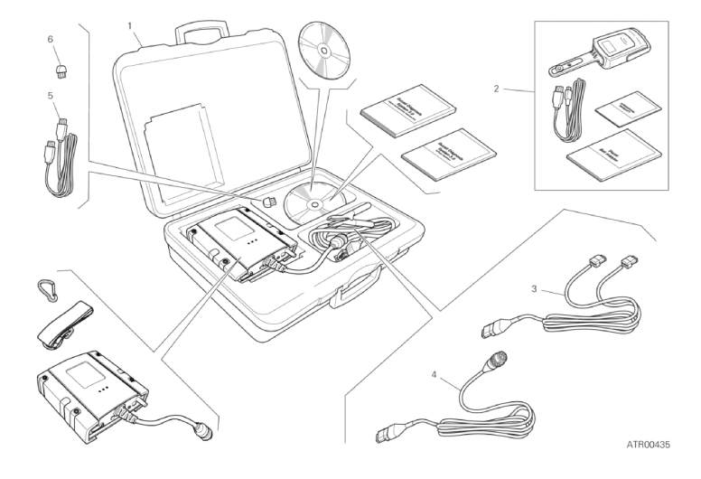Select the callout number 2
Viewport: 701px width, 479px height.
494,89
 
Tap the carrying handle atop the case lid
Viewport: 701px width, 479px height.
197,30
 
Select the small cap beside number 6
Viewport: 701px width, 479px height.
59,68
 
